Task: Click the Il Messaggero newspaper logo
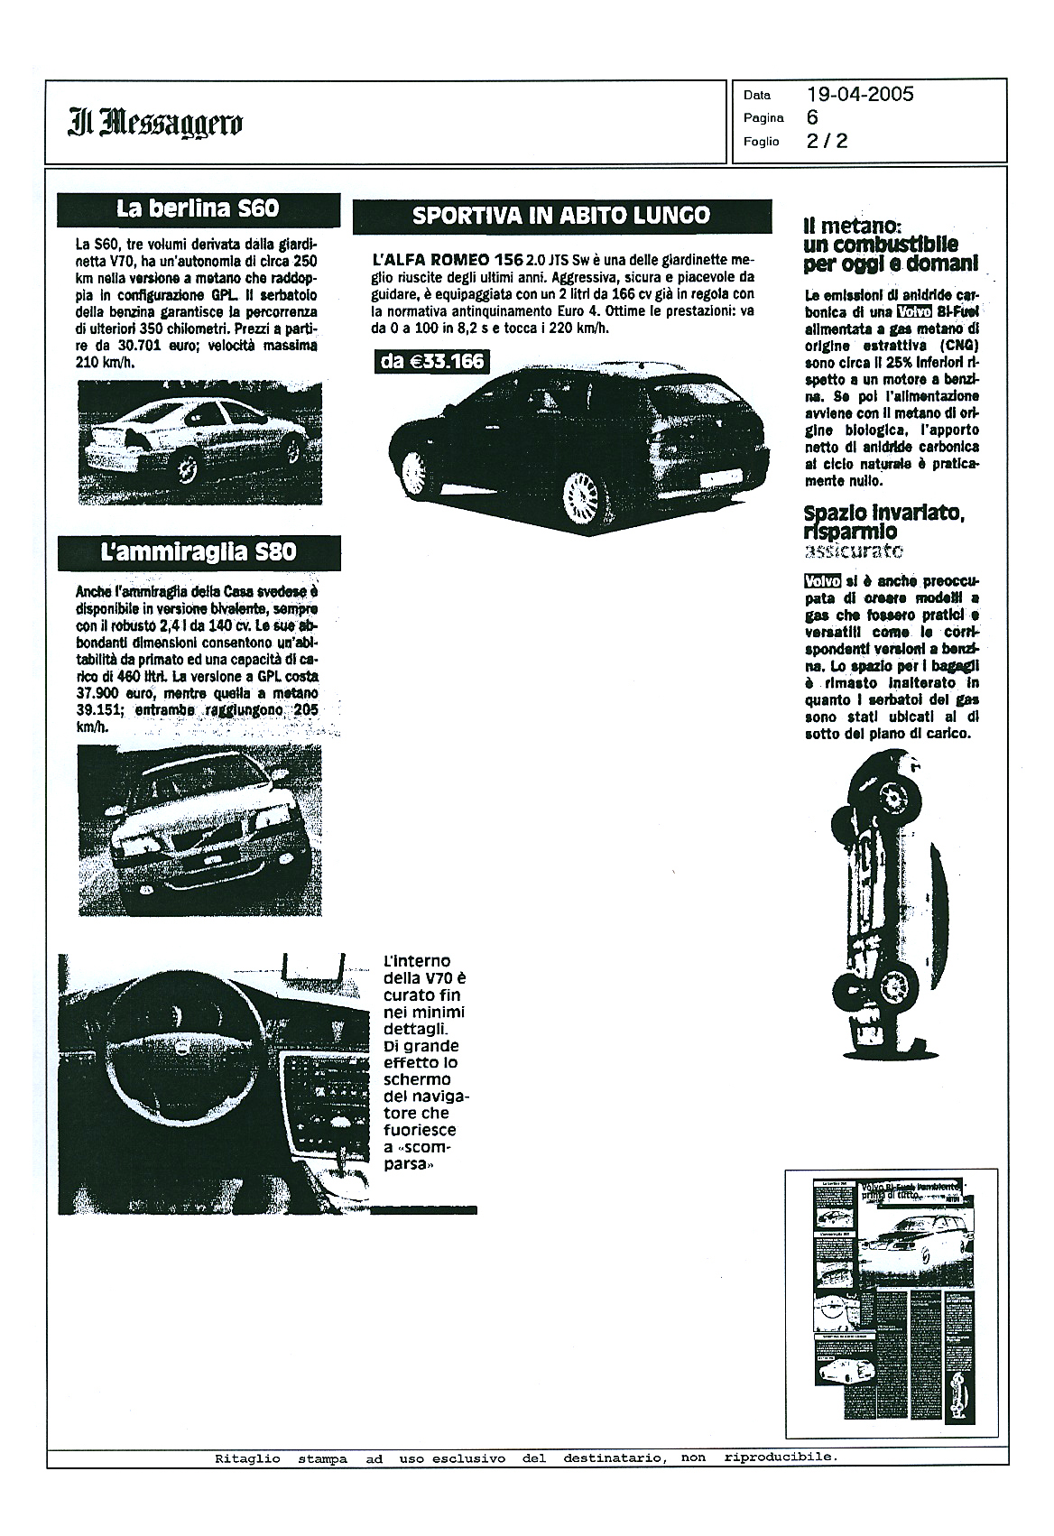click(154, 122)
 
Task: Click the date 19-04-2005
click(860, 94)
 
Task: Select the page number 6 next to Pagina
click(813, 117)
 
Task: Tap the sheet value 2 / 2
click(827, 141)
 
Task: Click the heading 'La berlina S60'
click(198, 209)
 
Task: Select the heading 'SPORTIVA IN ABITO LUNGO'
click(561, 216)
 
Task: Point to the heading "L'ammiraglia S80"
click(199, 551)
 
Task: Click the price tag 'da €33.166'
click(432, 362)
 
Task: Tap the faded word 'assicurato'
click(853, 551)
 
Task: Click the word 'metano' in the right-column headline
click(856, 226)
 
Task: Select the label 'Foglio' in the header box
click(761, 142)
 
